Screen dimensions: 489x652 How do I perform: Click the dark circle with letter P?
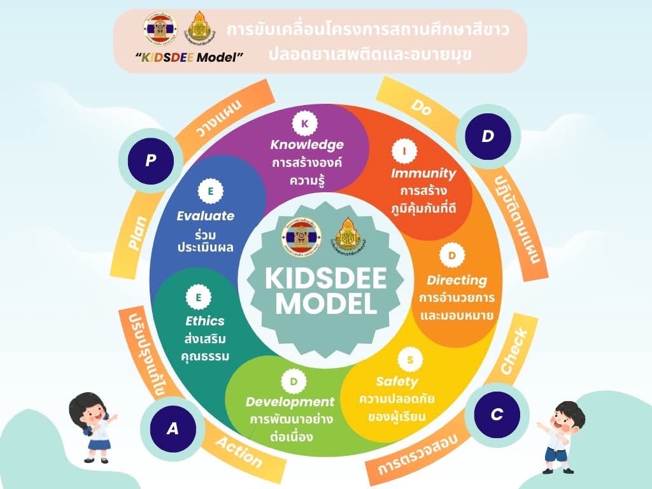[x=150, y=160]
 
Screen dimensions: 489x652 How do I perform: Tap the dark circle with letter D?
[x=488, y=136]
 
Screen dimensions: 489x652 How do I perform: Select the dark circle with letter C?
[x=497, y=415]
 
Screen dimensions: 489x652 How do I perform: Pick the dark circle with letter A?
[x=172, y=429]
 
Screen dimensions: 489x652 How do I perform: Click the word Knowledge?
[x=306, y=145]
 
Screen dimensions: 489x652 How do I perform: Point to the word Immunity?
[x=423, y=173]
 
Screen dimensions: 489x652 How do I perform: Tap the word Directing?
[x=457, y=280]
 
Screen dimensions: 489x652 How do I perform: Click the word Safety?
[x=396, y=381]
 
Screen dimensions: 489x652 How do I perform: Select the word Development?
[x=290, y=402]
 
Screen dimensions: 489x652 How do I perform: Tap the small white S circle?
[x=410, y=360]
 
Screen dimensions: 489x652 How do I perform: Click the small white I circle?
[x=404, y=152]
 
